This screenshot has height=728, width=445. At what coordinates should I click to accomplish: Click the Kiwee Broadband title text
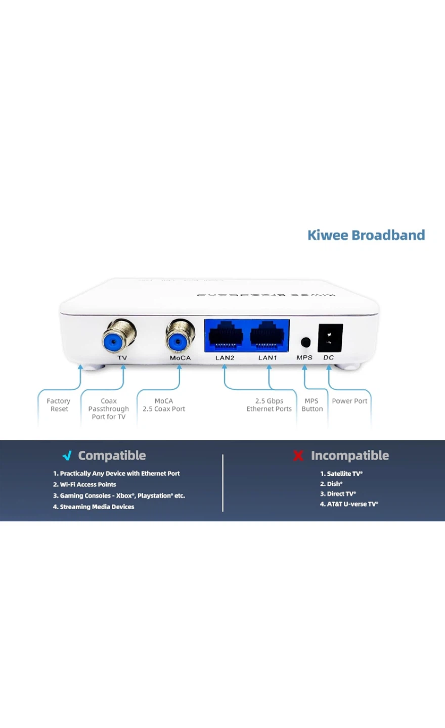click(366, 235)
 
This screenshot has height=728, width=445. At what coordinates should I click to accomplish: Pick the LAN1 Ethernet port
click(268, 335)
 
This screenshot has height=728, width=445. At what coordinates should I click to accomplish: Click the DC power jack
click(330, 338)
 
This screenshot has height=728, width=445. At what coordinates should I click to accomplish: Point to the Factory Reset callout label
click(59, 405)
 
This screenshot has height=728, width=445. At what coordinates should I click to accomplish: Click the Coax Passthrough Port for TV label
click(108, 409)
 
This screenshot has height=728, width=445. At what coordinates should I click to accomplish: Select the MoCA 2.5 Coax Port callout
click(164, 405)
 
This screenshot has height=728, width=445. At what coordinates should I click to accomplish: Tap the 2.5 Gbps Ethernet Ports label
click(269, 405)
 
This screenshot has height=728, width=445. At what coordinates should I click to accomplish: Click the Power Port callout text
click(349, 401)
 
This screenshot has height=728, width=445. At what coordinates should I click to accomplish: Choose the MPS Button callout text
click(312, 405)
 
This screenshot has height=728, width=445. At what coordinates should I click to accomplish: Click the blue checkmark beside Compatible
click(67, 456)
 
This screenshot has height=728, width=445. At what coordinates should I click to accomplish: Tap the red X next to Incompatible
click(298, 456)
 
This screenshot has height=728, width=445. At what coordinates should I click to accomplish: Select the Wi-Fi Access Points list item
click(85, 484)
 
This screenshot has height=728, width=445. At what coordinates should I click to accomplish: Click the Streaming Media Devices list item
click(94, 507)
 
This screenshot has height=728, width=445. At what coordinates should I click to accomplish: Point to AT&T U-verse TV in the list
click(349, 504)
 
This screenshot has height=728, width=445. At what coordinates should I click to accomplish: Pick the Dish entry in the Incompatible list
click(332, 484)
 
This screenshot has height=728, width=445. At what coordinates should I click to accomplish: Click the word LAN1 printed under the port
click(268, 358)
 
